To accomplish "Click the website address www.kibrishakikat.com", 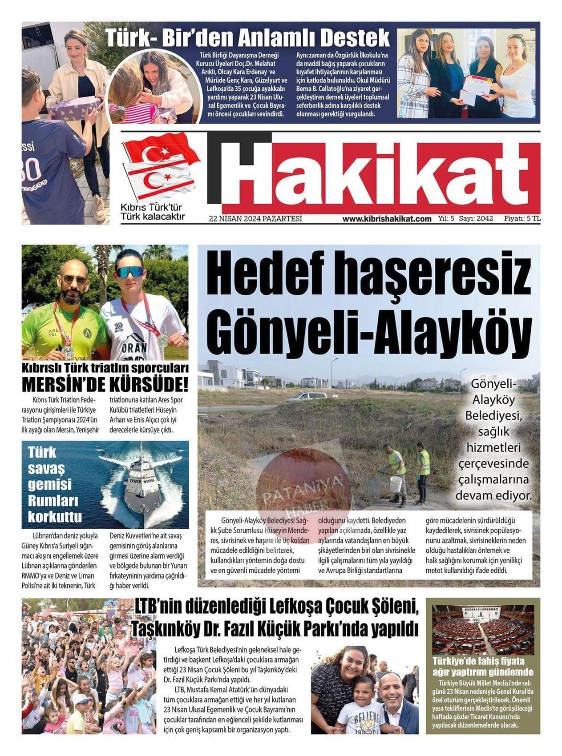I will click(x=387, y=219).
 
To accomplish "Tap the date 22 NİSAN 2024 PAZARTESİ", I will click(x=255, y=218).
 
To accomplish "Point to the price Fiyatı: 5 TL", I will click(x=522, y=219).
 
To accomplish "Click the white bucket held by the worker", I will click(x=396, y=483).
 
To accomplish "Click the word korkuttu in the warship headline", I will click(x=55, y=517).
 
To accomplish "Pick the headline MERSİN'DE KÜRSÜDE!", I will click(x=105, y=383).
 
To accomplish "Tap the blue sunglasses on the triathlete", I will click(x=130, y=271).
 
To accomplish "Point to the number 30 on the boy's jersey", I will click(x=32, y=169).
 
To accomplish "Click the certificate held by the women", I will click(x=474, y=89).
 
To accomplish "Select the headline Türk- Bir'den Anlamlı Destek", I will click(x=247, y=38).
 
